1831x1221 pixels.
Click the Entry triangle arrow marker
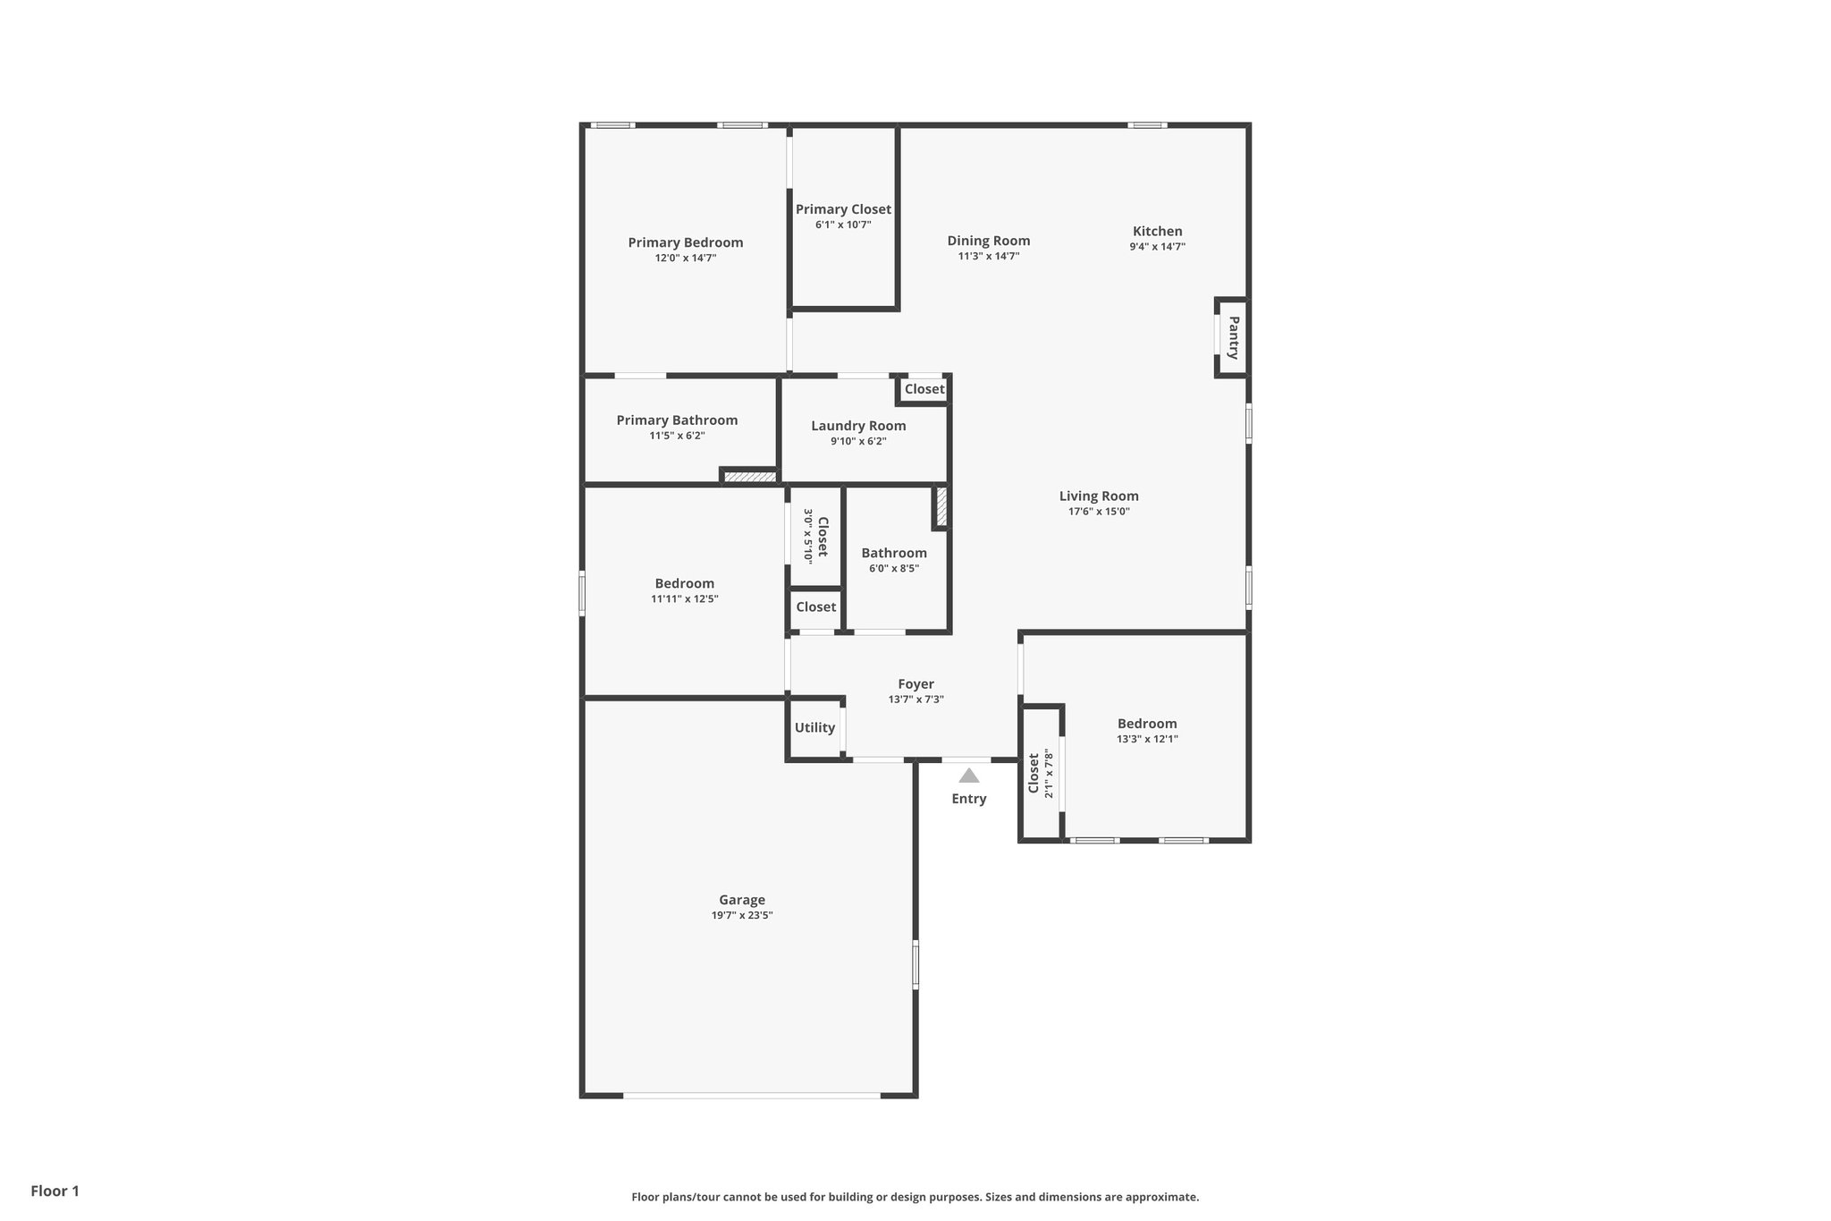coord(968,776)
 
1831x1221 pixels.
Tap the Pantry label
coord(1233,337)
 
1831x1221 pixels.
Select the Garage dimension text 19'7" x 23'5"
coord(742,915)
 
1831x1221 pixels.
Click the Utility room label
coord(814,727)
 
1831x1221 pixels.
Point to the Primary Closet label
coord(843,209)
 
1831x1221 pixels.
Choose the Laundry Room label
coord(858,426)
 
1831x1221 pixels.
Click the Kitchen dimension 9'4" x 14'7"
coord(1157,247)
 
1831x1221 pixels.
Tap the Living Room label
coord(1099,496)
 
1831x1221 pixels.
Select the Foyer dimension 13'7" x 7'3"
coord(915,700)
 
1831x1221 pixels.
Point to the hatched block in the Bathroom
coord(941,506)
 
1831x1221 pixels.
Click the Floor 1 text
coord(55,1191)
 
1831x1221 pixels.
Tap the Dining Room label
coord(988,241)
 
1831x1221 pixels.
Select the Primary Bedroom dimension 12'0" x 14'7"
coord(685,258)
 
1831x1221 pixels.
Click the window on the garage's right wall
coord(915,963)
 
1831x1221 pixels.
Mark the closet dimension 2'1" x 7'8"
coord(1050,774)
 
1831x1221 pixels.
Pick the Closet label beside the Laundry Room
coord(924,389)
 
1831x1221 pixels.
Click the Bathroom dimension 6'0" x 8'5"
coord(893,568)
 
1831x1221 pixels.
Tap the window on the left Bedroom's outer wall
coord(582,594)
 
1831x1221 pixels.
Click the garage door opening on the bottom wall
coord(751,1095)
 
